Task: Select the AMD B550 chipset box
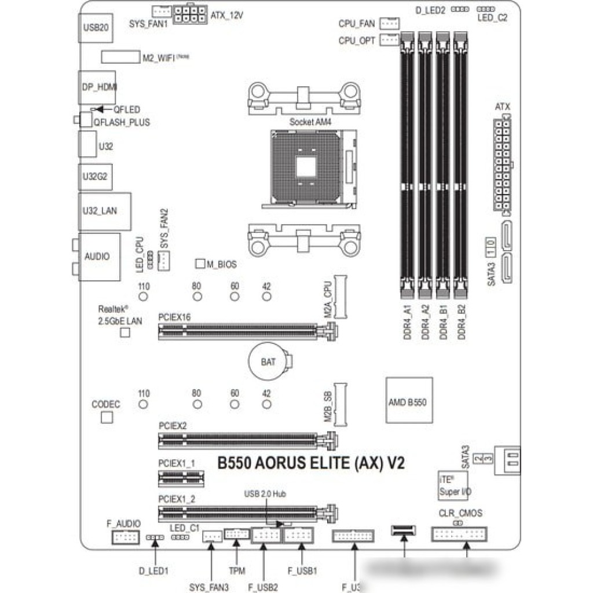click(x=409, y=401)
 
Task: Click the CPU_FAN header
click(x=389, y=24)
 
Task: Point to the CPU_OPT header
click(x=389, y=40)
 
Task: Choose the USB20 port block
click(x=95, y=27)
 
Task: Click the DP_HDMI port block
click(x=97, y=87)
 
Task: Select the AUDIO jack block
click(x=100, y=257)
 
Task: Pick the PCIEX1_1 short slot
click(x=181, y=478)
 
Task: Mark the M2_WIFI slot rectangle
click(x=120, y=57)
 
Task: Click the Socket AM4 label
click(x=309, y=123)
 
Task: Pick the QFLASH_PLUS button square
click(x=86, y=120)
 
